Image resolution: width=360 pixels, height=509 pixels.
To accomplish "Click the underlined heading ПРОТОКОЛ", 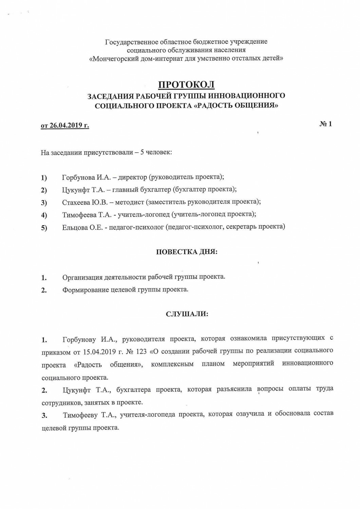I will coord(186,84).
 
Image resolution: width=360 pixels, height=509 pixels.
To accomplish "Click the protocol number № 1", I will coord(326,124).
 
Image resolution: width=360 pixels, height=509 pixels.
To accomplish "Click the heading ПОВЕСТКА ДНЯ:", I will coord(187,252).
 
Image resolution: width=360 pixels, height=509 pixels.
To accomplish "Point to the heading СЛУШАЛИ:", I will coord(187,314).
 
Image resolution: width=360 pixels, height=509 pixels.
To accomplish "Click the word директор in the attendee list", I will coord(133,177).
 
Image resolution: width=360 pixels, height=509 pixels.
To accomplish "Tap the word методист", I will coord(130,202).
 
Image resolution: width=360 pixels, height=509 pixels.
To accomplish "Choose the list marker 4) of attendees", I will coord(44,215).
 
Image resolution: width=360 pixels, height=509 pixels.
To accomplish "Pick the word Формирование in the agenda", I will coord(86,290).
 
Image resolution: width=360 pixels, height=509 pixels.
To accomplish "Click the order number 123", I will coord(141,352).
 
